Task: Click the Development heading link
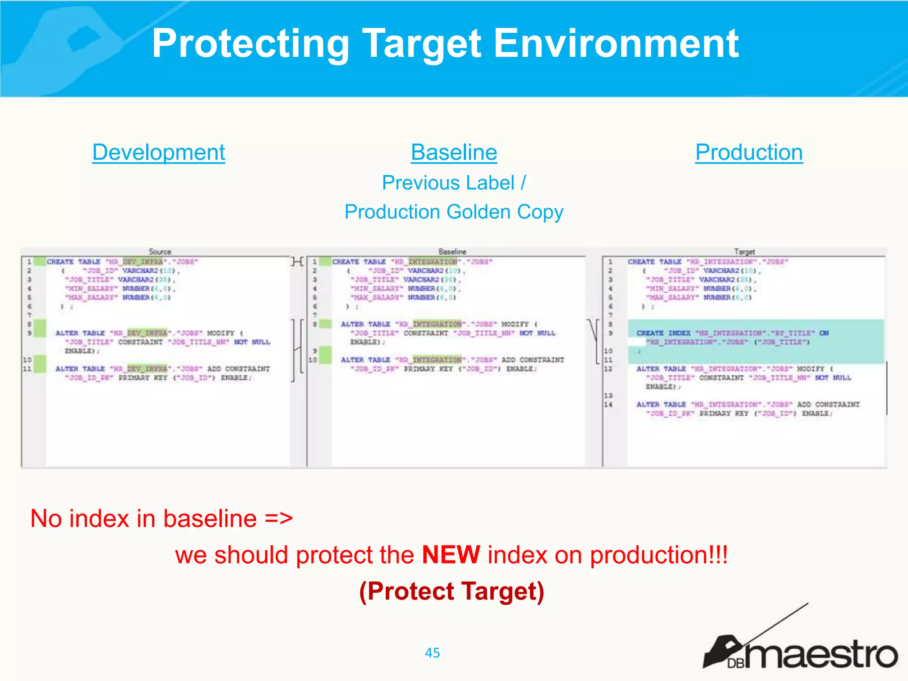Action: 158,153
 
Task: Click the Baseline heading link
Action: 454,153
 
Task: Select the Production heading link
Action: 748,153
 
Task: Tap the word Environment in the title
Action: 616,43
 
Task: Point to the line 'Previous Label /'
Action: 454,183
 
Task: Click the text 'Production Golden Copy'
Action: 454,212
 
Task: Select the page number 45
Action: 432,653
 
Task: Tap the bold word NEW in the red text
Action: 451,555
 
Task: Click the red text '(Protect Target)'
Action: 451,591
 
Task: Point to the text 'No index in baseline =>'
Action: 161,518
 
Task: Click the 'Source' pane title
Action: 160,251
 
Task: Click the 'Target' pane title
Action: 744,251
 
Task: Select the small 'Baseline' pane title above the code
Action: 452,251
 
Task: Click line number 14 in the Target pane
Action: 608,404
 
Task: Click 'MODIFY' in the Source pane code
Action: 220,333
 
